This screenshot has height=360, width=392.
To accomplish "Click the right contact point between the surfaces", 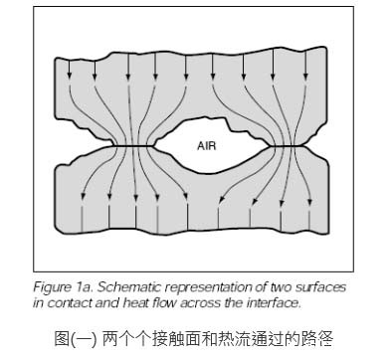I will click(x=283, y=146).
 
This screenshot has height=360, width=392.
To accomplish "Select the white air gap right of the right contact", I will click(x=328, y=146).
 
